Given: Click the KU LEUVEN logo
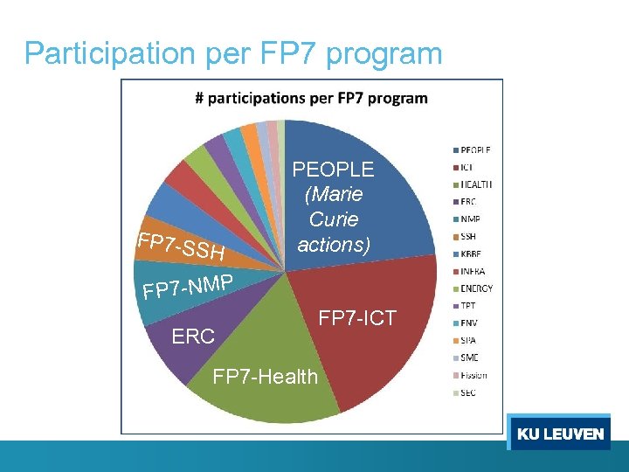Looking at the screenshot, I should coord(559,434).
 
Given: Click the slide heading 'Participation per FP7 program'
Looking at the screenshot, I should coord(233,53).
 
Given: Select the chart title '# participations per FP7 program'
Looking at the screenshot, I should coord(311,98).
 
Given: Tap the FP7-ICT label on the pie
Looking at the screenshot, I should coord(356,318).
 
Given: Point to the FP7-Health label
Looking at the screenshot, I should coord(266,377).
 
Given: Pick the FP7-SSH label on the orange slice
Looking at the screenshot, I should coord(183,248).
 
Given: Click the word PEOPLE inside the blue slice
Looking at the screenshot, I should coord(333,170).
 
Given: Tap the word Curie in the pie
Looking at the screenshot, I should coord(334,219).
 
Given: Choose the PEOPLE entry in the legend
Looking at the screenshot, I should coord(477,149).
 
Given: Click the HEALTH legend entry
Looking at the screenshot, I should coord(477,184).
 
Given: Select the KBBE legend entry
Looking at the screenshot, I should coord(473,253).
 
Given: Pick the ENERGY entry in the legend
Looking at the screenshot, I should coord(477,288).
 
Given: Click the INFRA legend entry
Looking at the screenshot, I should coord(474,271).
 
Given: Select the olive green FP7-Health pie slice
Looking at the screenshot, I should coord(271,350).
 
